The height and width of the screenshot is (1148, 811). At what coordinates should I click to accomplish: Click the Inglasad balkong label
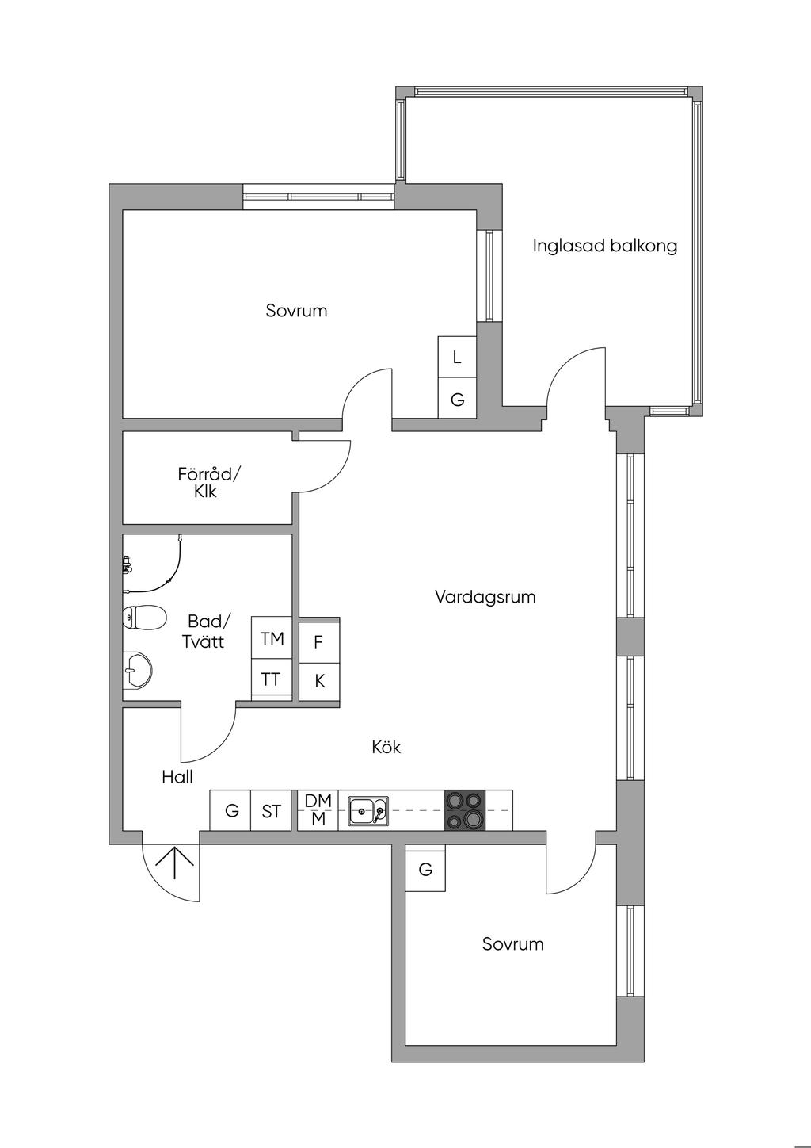[x=604, y=246]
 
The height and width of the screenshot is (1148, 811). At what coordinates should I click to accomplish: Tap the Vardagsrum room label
[x=485, y=597]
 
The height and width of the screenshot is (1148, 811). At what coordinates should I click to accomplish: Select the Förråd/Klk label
[x=208, y=482]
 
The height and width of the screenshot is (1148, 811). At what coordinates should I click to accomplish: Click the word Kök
[x=386, y=747]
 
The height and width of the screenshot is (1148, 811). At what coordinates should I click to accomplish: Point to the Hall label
[x=177, y=777]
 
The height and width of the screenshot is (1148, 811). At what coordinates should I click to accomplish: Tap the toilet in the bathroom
[x=144, y=617]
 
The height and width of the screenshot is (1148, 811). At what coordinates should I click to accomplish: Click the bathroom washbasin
[x=137, y=671]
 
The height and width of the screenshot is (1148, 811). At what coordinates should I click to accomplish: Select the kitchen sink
[x=368, y=810]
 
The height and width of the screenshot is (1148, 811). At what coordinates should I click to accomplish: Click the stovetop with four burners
[x=465, y=810]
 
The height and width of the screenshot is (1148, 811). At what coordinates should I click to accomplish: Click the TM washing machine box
[x=272, y=638]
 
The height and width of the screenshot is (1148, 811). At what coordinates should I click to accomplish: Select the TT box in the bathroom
[x=271, y=679]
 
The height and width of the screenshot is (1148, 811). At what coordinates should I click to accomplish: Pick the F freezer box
[x=318, y=642]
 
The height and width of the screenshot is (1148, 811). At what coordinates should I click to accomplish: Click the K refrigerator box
[x=319, y=680]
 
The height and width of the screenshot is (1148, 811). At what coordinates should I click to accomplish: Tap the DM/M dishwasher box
[x=318, y=810]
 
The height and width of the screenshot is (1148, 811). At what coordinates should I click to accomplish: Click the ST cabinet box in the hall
[x=271, y=811]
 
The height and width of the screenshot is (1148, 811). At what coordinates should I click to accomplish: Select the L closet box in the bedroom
[x=457, y=358]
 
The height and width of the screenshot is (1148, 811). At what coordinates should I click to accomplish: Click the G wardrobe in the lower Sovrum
[x=425, y=870]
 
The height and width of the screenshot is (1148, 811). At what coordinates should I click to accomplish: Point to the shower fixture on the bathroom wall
[x=127, y=565]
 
